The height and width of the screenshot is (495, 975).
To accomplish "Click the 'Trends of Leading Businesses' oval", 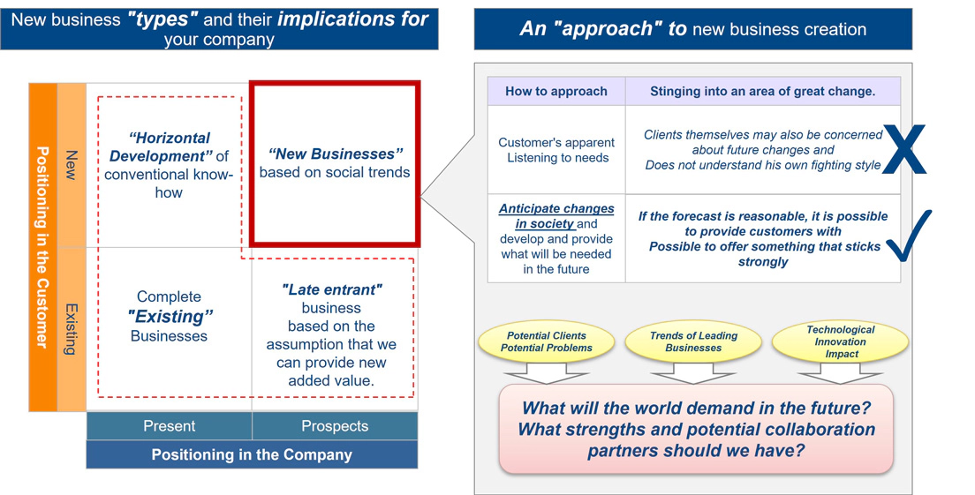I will pos(693,342).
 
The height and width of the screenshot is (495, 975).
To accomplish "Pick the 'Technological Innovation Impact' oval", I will pos(840,341).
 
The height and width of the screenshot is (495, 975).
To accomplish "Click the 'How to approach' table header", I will pos(556,91).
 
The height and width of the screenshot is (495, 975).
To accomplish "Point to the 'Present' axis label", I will pos(169,426).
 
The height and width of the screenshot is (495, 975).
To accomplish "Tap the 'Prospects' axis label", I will pos(335,426).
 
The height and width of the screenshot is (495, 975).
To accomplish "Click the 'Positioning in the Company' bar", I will pos(252,454).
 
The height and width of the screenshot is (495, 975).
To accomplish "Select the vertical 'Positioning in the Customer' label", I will pos(42,247).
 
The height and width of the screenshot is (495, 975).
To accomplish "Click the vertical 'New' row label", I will pos(72,165).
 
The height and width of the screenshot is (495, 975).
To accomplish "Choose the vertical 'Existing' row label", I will pos(72,329).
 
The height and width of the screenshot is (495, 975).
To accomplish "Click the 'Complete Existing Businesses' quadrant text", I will pos(169,316).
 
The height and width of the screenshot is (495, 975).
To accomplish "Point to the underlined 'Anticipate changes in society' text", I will pos(556,216).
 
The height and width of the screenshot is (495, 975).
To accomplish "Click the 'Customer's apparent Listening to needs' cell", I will pos(556,150).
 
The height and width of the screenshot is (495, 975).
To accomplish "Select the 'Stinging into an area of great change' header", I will pos(762,91).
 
